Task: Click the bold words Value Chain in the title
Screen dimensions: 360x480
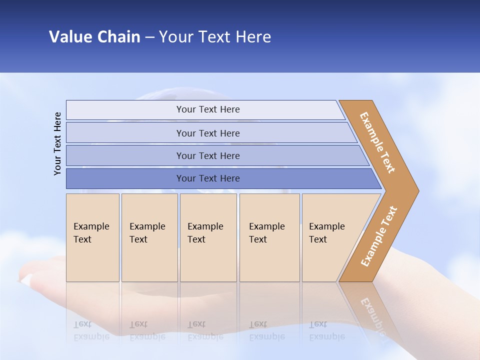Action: coord(94,36)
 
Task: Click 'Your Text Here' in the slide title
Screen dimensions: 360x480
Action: coord(215,36)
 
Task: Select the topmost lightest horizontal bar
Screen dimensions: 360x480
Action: coord(207,109)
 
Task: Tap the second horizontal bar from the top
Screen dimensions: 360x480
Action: coord(207,133)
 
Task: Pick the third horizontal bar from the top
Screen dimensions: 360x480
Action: coord(207,155)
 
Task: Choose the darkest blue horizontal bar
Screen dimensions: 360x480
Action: coord(207,178)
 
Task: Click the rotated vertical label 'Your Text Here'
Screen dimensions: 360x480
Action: coord(57,143)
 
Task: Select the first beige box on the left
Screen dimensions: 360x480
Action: coord(92,237)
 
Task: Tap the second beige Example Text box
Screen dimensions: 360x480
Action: coord(149,237)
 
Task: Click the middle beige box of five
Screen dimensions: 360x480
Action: coord(208,237)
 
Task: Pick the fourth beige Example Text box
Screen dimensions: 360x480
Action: coord(269,237)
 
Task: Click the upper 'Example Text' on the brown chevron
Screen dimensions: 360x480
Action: coord(377,142)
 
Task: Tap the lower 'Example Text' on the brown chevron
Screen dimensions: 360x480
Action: coord(378,236)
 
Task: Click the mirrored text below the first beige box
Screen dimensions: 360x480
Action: coord(91,331)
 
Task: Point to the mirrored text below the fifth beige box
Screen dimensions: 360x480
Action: coord(327,331)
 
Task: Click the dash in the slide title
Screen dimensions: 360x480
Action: coord(149,37)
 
